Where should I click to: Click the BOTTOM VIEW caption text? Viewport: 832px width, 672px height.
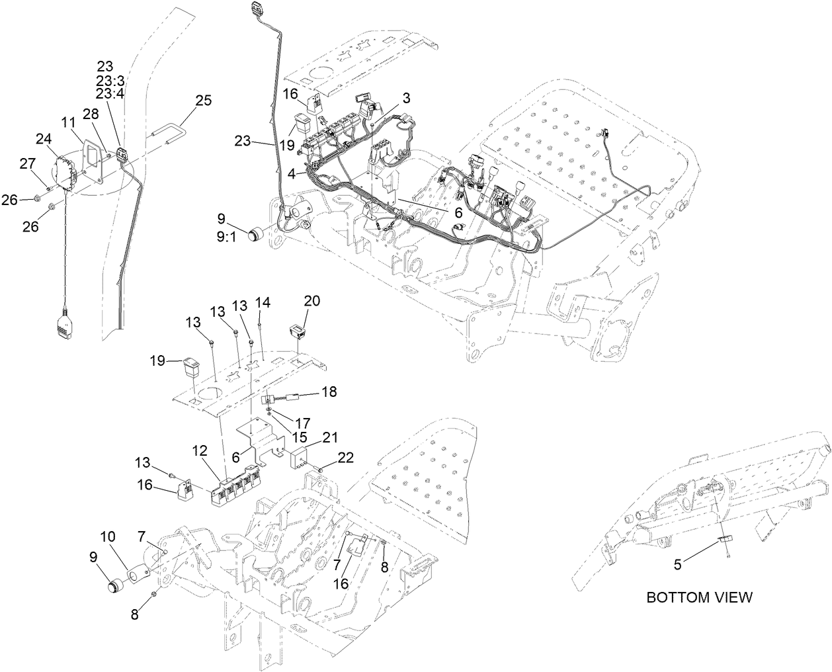click(x=698, y=597)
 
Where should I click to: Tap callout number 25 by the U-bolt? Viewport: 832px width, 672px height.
click(x=203, y=101)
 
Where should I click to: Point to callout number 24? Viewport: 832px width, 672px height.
click(x=44, y=138)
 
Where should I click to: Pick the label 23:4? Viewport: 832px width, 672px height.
click(x=109, y=93)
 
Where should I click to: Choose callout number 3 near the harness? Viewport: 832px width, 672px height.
click(x=406, y=98)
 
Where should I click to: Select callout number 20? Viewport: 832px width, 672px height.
click(x=312, y=300)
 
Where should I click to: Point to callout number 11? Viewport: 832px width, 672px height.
click(x=68, y=122)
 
